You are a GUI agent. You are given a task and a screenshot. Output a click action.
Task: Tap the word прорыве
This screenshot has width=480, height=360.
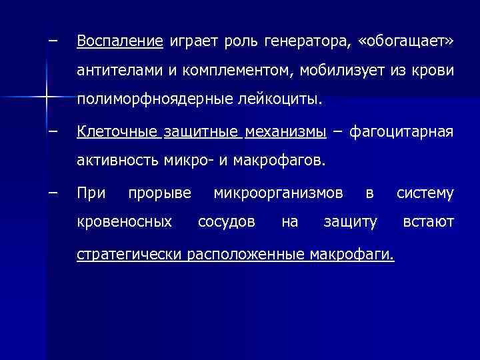point(159,193)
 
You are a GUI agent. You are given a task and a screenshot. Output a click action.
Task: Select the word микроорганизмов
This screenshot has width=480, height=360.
point(279,193)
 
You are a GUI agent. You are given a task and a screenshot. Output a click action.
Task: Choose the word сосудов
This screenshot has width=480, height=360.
point(226,221)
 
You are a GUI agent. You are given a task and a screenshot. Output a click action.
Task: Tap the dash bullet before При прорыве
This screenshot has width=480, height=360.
point(53,193)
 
